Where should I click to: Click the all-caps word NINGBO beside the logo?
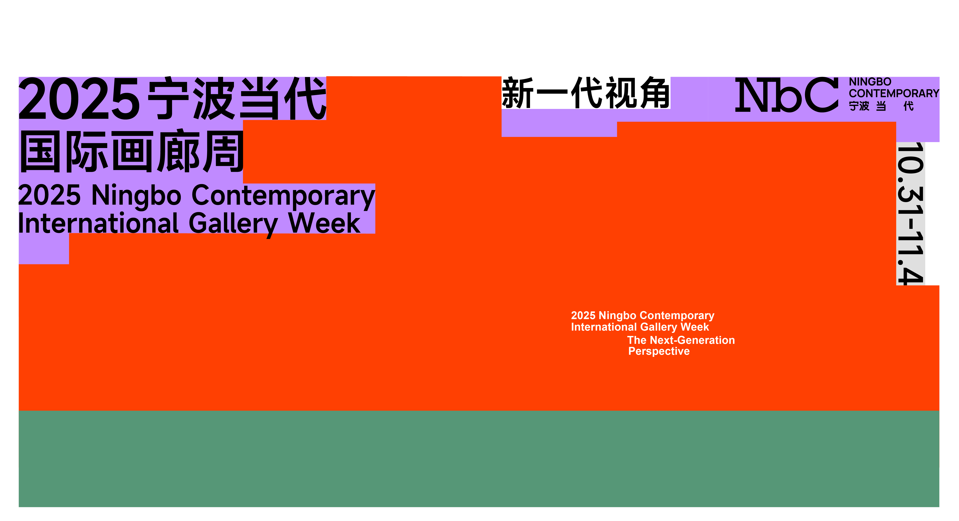pyautogui.click(x=870, y=82)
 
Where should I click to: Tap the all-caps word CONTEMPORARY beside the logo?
pyautogui.click(x=894, y=93)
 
